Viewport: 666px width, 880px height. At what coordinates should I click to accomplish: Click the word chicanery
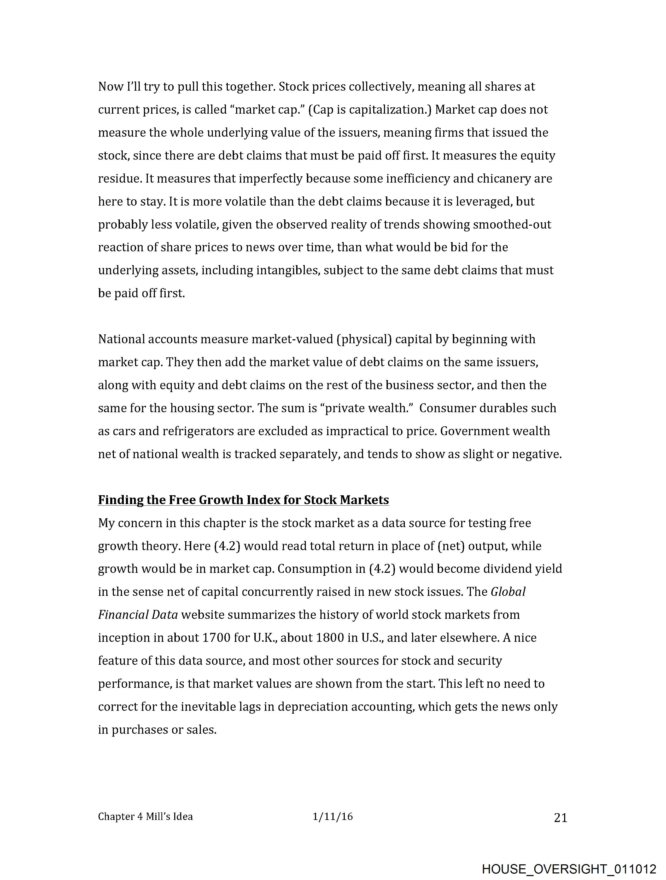coord(504,179)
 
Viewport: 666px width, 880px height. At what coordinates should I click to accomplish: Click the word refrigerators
coord(198,431)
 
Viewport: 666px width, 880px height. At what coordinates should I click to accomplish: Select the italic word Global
coord(508,592)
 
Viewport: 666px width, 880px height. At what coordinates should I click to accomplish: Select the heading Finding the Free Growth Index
coord(243,500)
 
